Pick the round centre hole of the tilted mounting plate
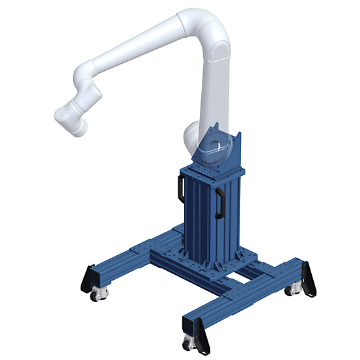click(214, 149)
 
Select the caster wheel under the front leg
click(189, 343)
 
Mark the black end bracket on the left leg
click(87, 278)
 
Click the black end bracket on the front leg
click(204, 335)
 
